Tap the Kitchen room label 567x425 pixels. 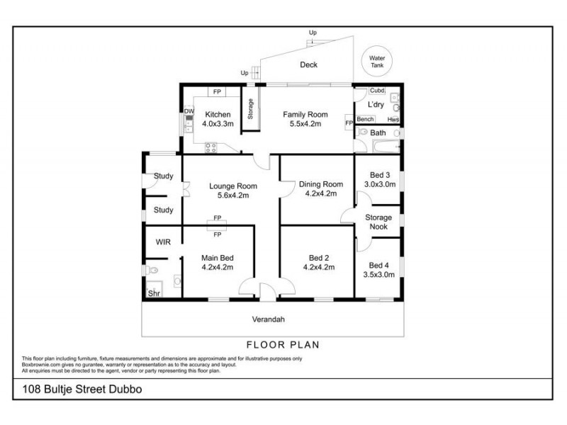point(218,114)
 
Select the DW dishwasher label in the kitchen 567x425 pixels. point(189,111)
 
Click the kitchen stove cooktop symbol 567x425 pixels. point(210,148)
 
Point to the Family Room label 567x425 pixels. point(305,114)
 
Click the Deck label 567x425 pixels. point(308,64)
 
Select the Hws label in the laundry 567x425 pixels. point(393,120)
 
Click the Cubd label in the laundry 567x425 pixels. point(377,91)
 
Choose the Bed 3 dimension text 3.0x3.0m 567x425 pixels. point(380,184)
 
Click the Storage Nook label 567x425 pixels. point(378,222)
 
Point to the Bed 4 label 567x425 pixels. point(379,265)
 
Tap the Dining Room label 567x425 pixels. point(320,184)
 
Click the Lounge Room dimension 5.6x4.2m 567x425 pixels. point(232,195)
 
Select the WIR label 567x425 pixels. point(163,242)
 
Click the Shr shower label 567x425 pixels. point(153,293)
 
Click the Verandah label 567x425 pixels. point(269,319)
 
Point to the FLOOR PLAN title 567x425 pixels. point(283,346)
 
